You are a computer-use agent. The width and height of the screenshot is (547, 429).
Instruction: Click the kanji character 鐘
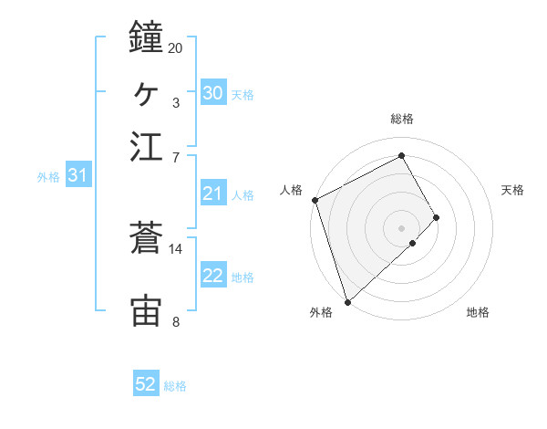147,37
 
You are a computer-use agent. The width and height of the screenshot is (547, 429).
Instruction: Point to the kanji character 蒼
147,238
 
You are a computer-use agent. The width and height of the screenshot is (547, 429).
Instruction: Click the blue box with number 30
212,93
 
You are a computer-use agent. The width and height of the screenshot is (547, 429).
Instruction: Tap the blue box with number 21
212,194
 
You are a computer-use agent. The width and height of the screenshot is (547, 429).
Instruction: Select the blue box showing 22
212,276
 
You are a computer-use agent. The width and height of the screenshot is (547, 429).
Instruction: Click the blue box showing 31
77,175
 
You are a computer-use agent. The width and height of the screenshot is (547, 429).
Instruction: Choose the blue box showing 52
146,384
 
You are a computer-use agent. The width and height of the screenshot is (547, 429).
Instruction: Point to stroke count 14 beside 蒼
176,248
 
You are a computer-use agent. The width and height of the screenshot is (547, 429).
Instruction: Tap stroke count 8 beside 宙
175,321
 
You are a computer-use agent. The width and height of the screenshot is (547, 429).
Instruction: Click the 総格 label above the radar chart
402,119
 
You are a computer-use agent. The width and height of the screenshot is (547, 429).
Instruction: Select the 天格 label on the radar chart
512,190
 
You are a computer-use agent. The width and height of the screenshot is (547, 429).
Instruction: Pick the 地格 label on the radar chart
478,313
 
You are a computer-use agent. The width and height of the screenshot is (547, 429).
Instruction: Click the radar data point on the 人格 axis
315,200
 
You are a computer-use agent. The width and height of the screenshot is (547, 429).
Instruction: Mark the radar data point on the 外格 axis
347,301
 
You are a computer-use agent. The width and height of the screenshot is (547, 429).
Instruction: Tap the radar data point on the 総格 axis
402,155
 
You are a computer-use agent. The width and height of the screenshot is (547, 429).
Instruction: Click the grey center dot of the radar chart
402,227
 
